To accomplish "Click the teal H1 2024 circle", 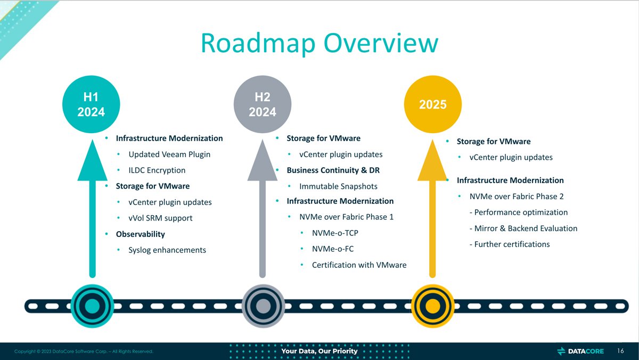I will pos(91,104).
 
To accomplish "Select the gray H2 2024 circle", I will pos(262,104).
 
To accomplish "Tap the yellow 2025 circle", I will pos(432,104).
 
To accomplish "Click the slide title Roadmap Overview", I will pos(319,43).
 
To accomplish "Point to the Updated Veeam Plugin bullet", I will pos(169,154).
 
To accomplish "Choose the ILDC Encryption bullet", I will pos(157,170).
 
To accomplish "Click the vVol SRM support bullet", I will pos(160,218).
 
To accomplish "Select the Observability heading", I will pos(140,234).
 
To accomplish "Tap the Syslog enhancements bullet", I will pos(167,250).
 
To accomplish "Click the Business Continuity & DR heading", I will pos(333,170).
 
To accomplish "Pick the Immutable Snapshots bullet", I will pos(338,186).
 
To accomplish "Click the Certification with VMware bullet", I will pos(359,265).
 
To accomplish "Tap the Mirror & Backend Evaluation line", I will pos(523,228).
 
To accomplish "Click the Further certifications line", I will pos(510,244).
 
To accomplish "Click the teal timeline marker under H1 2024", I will pos(92,306).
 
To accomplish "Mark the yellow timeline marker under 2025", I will pos(432,306).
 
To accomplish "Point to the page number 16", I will pos(620,351).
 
